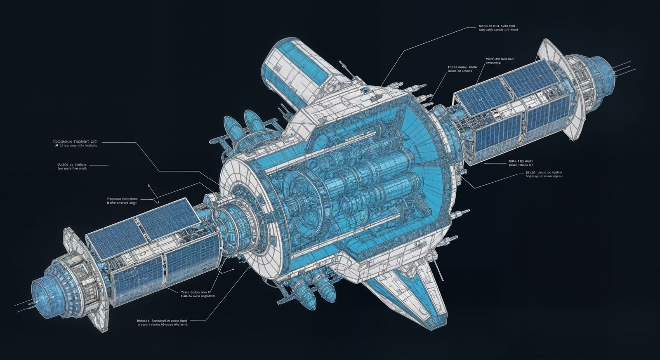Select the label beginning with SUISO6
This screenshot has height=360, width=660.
72,166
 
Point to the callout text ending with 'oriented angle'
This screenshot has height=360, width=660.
122,200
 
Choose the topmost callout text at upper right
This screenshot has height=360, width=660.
498,27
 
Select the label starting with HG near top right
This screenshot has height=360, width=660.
462,68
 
